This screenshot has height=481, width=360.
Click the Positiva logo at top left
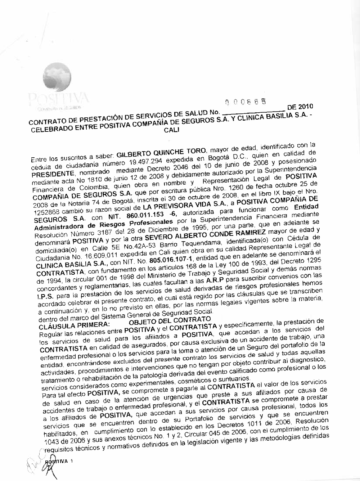point(58,86)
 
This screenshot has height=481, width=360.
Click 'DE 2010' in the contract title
point(300,107)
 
